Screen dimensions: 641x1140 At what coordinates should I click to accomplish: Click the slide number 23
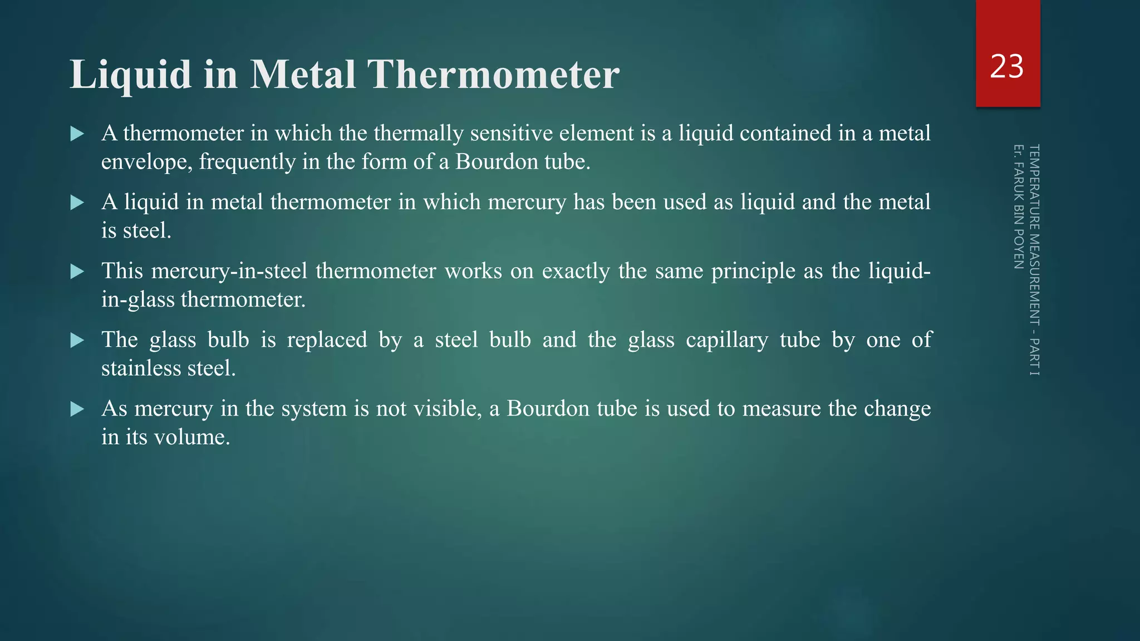(x=1007, y=67)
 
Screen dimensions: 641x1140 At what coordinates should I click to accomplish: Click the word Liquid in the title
(x=130, y=75)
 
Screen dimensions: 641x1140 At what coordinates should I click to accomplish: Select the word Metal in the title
(x=303, y=75)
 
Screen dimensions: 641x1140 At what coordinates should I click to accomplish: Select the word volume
(x=192, y=437)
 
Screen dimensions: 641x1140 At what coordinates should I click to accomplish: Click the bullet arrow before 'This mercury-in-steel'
(x=77, y=272)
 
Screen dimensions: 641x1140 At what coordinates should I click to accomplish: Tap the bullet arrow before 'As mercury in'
(x=77, y=410)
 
